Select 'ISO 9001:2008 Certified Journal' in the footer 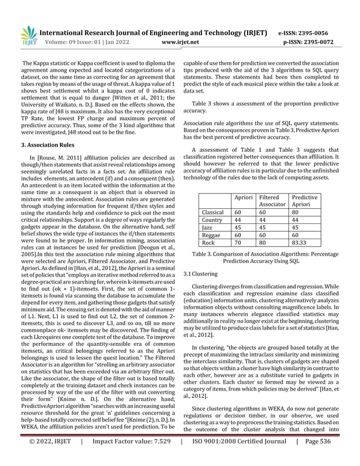238,459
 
